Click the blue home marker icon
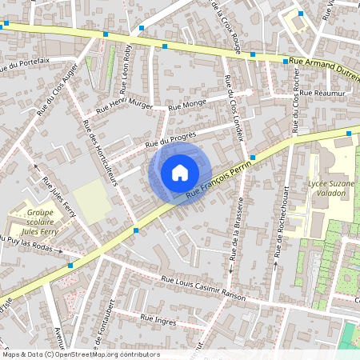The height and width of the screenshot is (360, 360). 179,172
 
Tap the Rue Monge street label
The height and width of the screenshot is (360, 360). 189,103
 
